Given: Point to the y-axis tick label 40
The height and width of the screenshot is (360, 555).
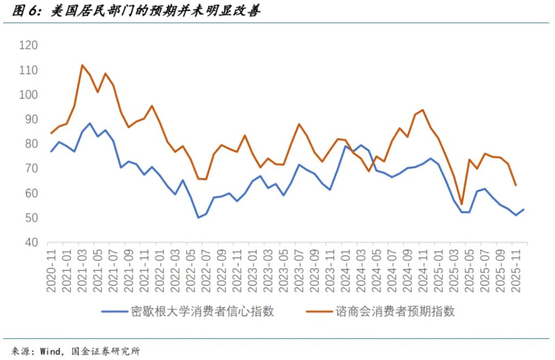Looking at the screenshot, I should pos(30,242).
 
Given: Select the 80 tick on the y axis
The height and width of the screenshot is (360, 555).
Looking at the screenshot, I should pos(30,144).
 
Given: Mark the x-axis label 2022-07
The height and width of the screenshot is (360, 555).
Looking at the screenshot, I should pos(206,271).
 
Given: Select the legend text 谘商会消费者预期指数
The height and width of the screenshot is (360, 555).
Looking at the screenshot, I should pos(395,311).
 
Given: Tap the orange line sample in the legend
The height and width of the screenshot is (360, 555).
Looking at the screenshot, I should pos(319,312).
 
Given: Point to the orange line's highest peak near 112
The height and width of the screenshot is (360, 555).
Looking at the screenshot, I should pos(82,65).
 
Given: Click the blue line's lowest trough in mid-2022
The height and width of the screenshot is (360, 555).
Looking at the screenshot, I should pos(198,217).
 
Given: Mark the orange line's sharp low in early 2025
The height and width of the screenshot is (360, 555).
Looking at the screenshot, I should pos(461,204).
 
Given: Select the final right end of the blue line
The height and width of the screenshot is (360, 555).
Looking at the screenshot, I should pos(524,209).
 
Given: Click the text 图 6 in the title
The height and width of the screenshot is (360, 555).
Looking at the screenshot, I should pos(23,11).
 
